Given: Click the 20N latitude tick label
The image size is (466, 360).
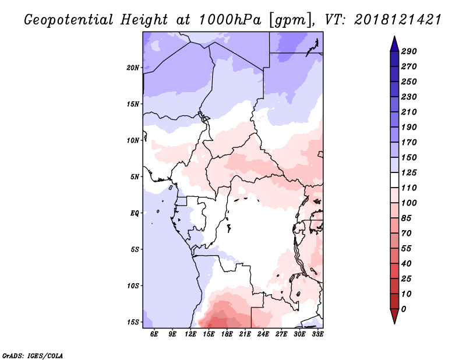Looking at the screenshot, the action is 133,68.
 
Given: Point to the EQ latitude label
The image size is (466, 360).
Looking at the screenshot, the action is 135,213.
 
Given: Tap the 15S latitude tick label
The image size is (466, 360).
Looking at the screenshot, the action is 133,322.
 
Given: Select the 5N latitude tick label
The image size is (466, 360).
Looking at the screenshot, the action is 135,177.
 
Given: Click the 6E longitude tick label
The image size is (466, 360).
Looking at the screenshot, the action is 154,334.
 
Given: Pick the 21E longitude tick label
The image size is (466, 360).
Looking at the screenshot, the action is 245,334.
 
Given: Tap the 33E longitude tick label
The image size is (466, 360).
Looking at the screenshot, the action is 317,334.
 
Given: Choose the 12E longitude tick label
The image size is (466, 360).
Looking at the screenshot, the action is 190,334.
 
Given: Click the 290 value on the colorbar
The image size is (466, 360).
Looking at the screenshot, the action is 409,51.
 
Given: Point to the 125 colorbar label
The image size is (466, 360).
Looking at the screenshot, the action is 409,172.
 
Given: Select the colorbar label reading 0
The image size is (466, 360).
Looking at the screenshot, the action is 403,309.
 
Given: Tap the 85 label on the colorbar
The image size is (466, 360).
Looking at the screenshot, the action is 406,218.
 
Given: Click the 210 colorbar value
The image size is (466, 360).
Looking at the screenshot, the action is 409,112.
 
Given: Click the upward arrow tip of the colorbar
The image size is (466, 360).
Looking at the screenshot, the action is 394,36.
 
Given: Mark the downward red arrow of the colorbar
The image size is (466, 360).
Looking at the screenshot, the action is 394,316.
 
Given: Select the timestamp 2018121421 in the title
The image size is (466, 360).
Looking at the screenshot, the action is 398,20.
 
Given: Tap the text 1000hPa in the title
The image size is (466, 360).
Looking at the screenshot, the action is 230,20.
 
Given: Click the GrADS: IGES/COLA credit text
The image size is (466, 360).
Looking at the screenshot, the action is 33,356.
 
